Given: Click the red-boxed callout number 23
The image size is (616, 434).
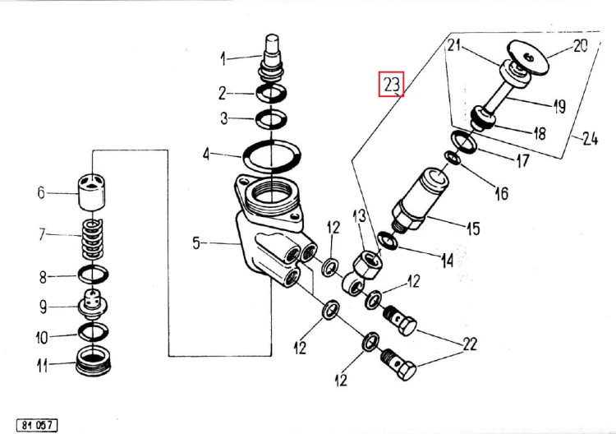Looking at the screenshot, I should tap(391, 84).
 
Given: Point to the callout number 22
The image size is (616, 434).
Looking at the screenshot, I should tap(469, 344).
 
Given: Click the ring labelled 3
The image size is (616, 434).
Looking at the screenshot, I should tap(270, 120).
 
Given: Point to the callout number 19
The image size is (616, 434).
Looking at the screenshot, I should tap(559, 105).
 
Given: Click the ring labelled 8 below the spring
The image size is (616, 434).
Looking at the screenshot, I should tap(94, 275).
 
